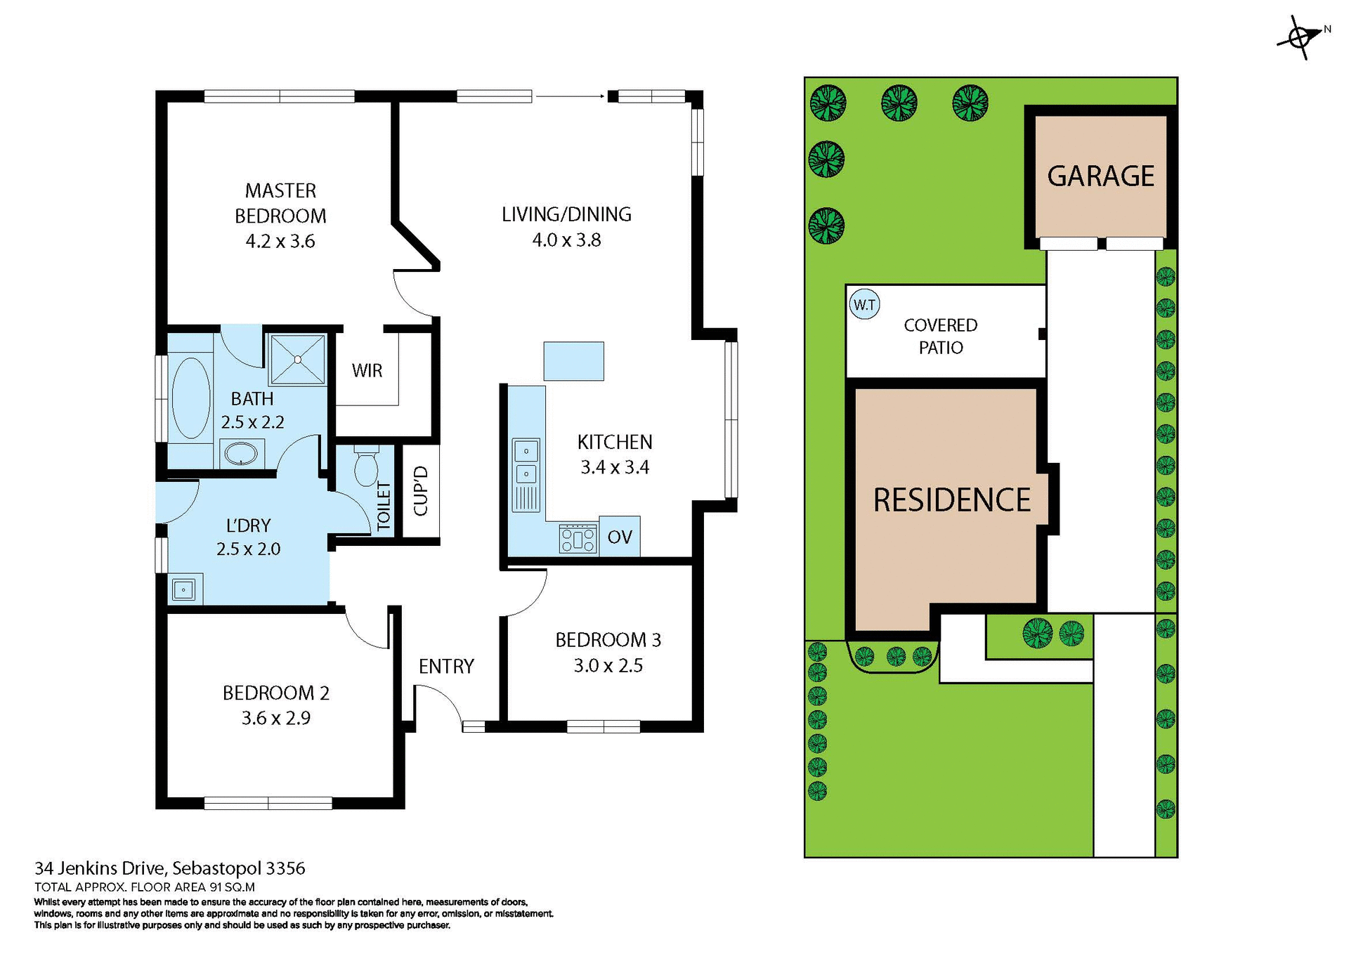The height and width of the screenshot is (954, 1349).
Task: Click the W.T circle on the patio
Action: point(864,305)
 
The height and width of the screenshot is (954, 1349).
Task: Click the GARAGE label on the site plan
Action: point(1100,176)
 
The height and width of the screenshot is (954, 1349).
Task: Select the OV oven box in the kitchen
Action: point(620,537)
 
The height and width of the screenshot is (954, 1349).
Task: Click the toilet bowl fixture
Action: point(365,468)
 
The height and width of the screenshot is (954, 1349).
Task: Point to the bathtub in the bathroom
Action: point(190,398)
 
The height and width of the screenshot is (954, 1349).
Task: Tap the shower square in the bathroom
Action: point(298,360)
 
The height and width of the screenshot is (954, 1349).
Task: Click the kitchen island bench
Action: point(573,361)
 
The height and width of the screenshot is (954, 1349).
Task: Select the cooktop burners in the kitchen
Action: point(578,540)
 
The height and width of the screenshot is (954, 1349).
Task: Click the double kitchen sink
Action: point(526,462)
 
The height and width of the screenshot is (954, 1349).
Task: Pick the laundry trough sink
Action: point(184,589)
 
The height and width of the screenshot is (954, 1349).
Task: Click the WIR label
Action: point(367,371)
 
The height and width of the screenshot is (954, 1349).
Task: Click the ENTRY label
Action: point(446,666)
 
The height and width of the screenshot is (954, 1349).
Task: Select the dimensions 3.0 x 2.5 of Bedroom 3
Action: point(608,665)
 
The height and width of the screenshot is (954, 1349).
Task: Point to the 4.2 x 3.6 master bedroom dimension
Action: point(280,242)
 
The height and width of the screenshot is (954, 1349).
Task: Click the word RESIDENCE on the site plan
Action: point(951,500)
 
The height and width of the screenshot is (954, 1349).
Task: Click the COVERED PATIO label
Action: point(940,336)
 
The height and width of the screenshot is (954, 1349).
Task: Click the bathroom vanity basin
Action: point(241,454)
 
